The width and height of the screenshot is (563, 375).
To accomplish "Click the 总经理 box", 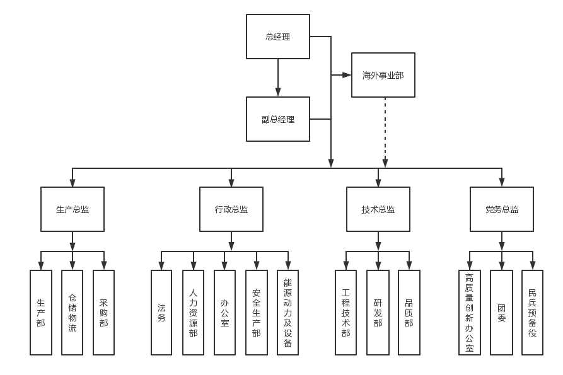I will pyautogui.click(x=277, y=37).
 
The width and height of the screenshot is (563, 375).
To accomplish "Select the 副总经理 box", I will pyautogui.click(x=277, y=119).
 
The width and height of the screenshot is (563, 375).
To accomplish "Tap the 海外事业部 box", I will pyautogui.click(x=383, y=75).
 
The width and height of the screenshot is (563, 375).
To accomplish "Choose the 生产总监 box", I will pyautogui.click(x=73, y=209).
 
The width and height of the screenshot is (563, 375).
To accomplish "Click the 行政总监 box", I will pyautogui.click(x=231, y=209).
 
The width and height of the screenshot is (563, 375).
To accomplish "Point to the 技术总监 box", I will pyautogui.click(x=378, y=209).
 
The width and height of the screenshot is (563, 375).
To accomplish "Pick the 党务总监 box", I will pyautogui.click(x=502, y=209).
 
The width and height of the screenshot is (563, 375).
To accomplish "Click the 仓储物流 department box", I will pyautogui.click(x=73, y=312).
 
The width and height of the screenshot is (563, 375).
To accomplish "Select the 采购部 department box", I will pyautogui.click(x=104, y=312).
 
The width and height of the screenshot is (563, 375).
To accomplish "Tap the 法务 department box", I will pyautogui.click(x=161, y=312).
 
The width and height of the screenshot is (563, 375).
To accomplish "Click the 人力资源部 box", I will pyautogui.click(x=193, y=312).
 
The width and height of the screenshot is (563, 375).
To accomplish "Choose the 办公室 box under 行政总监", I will pyautogui.click(x=224, y=312).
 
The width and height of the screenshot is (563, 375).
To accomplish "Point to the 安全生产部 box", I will pyautogui.click(x=256, y=312).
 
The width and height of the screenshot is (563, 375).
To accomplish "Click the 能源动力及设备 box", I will pyautogui.click(x=287, y=312).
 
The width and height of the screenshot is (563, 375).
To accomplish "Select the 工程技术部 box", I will pyautogui.click(x=345, y=312).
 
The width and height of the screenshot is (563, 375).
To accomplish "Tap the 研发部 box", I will pyautogui.click(x=377, y=312).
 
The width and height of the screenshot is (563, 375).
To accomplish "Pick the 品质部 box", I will pyautogui.click(x=409, y=312).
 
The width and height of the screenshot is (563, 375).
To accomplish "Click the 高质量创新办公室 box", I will pyautogui.click(x=469, y=312).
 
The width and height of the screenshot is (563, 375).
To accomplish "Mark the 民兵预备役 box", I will pyautogui.click(x=532, y=312).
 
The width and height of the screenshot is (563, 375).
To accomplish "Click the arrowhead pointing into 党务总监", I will pyautogui.click(x=502, y=183).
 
